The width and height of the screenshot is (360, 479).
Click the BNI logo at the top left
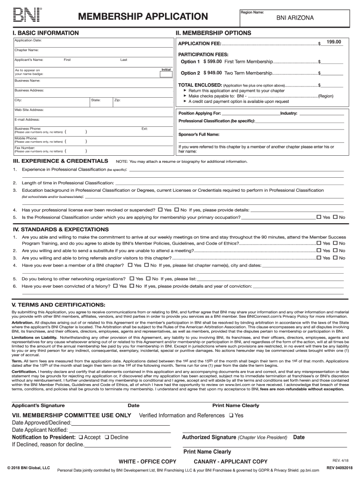click(x=28, y=15)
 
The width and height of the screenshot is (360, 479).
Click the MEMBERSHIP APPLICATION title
click(x=143, y=17)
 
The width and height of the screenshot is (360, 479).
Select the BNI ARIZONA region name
click(x=295, y=18)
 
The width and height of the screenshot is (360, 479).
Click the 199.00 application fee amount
click(x=334, y=42)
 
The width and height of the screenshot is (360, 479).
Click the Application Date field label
click(x=28, y=41)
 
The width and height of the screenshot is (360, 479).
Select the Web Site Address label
click(x=29, y=109)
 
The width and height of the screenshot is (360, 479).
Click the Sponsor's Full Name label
click(x=199, y=134)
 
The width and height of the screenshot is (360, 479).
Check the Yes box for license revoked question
click(x=161, y=210)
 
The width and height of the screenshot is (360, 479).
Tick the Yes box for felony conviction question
click(x=116, y=285)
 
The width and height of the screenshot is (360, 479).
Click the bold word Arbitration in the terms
click(x=22, y=322)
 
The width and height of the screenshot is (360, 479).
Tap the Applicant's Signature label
click(x=38, y=406)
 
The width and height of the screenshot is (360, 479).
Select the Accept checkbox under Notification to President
click(x=81, y=437)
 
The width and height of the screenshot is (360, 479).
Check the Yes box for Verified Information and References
click(x=231, y=415)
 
